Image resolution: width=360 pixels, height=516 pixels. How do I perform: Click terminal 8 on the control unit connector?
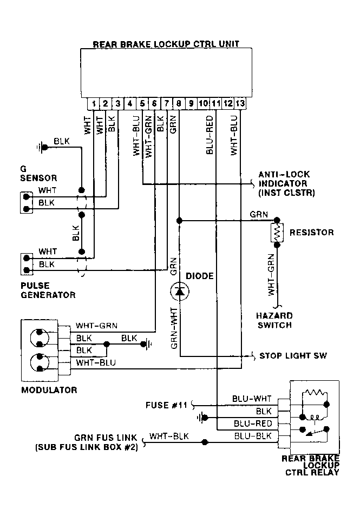coord(179,104)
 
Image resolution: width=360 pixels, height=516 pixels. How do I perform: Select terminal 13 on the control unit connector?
coord(240,104)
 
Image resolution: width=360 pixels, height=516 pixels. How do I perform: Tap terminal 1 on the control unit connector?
coord(94,104)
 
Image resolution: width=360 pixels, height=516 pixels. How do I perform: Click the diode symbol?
coord(180,291)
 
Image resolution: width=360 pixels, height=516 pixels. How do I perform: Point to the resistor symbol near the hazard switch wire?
coord(277,233)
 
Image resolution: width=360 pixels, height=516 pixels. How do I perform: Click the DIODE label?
coord(200,276)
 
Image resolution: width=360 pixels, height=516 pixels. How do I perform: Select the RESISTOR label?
coord(312,233)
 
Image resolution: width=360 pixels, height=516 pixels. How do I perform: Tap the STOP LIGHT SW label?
coord(293,356)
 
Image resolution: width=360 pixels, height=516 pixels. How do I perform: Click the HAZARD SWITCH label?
coord(274,321)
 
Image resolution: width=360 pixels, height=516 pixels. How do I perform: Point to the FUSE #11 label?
coord(166,405)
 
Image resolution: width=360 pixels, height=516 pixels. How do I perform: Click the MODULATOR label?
coord(49,390)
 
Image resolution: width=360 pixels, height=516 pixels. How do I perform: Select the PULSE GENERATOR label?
coord(48,290)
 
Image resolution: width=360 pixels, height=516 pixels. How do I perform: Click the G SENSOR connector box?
coord(27,203)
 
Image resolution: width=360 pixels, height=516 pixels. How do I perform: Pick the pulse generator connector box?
coord(27,264)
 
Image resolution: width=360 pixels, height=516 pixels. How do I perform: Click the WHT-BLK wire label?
coord(169,436)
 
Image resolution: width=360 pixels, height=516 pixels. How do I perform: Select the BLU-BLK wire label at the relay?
coord(253,436)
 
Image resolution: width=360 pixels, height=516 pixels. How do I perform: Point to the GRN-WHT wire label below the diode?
coord(174,328)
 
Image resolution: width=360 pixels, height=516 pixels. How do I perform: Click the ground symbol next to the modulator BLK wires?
coord(146,344)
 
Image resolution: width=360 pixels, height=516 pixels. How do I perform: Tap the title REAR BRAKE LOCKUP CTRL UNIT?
coord(166,44)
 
